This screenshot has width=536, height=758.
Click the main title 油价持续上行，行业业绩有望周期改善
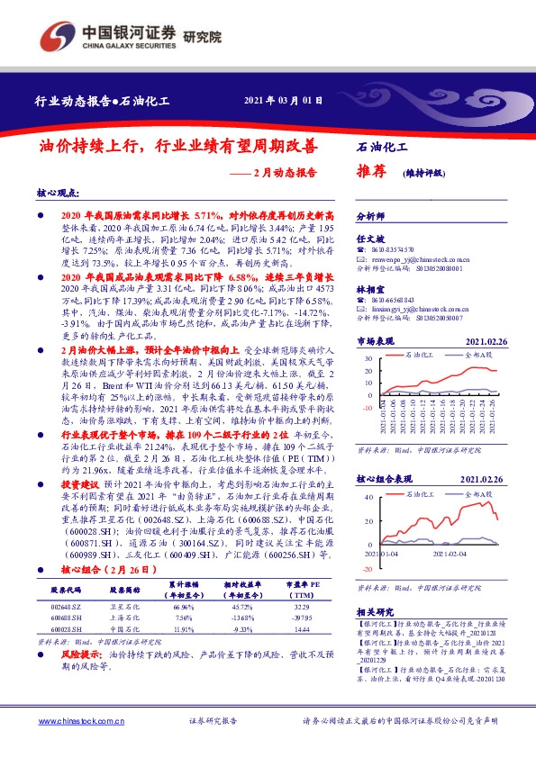click(177, 145)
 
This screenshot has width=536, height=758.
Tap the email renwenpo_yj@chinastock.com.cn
click(421, 257)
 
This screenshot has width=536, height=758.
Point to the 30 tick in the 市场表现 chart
click(370, 382)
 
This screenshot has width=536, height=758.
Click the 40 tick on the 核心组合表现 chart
click(370, 496)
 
